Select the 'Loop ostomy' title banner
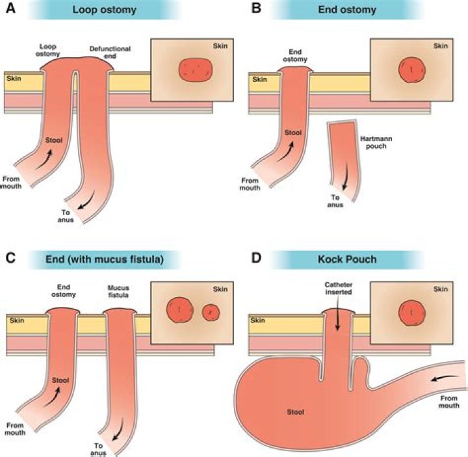[105, 10]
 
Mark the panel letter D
[255, 258]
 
